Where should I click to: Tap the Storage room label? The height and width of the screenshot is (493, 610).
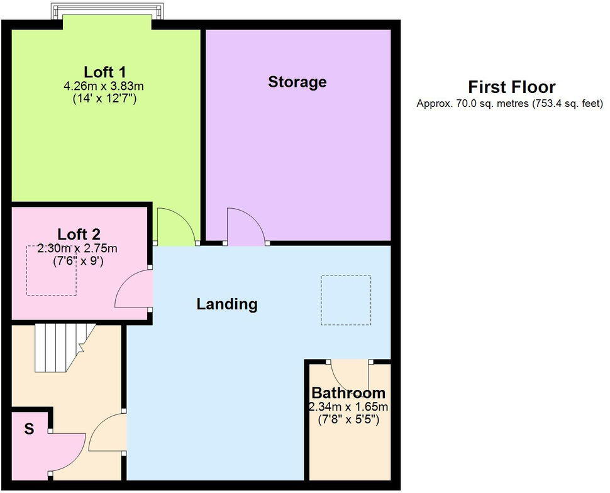click(297, 82)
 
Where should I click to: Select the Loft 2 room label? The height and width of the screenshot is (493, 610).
click(79, 235)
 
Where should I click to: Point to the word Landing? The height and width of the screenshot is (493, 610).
click(227, 304)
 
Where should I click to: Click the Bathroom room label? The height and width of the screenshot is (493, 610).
click(348, 393)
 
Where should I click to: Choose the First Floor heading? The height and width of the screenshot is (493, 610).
click(511, 87)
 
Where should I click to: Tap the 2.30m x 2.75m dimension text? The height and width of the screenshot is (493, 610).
click(77, 248)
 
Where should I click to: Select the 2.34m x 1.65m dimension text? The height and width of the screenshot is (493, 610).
click(348, 407)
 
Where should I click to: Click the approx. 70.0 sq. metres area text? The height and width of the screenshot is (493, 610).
click(509, 104)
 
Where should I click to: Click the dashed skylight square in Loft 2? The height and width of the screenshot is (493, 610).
click(51, 270)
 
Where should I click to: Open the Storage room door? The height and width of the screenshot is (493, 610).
click(245, 226)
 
